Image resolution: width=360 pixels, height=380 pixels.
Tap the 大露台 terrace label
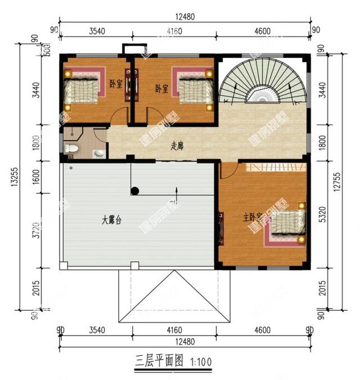(112, 220)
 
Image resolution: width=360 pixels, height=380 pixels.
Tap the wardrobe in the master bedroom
(276, 166)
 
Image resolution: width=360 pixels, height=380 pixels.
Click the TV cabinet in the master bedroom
(221, 228)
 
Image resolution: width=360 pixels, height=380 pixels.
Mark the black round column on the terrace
(134, 191)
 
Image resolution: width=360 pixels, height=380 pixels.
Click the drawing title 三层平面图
(160, 360)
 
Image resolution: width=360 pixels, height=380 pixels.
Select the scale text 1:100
(201, 361)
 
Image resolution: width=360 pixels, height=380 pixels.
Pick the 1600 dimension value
(37, 179)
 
